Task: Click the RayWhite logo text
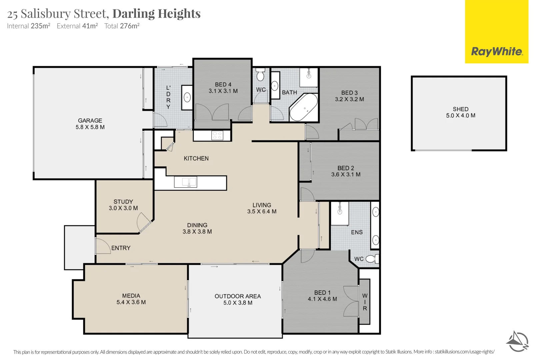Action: (497, 52)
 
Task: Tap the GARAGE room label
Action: (90, 121)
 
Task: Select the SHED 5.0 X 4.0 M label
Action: (461, 112)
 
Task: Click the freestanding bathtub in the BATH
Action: (304, 107)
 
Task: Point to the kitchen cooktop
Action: (217, 135)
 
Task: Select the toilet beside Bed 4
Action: (260, 76)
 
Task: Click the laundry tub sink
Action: (187, 98)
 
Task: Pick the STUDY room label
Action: (123, 202)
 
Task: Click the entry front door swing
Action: (103, 246)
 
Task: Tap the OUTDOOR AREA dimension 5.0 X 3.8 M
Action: (238, 303)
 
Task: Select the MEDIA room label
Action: (131, 296)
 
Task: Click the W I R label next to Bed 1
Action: (365, 302)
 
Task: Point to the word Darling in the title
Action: (133, 14)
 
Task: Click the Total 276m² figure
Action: (122, 26)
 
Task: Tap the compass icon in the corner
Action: (517, 341)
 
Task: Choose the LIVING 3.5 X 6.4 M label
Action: (262, 208)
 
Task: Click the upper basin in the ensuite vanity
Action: (376, 212)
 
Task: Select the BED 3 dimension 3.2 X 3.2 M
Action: (349, 99)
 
